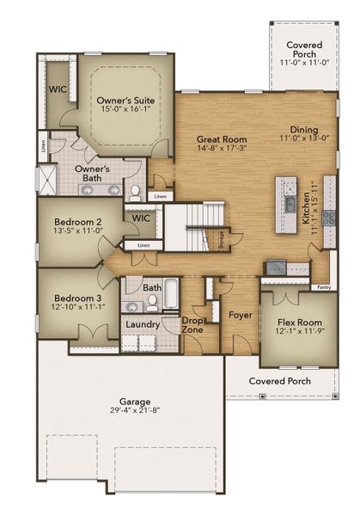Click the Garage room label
pyautogui.click(x=135, y=402)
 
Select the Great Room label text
pyautogui.click(x=222, y=138)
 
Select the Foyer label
pyautogui.click(x=240, y=316)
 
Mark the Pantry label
pyautogui.click(x=324, y=287)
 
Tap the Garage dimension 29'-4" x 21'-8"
pyautogui.click(x=135, y=413)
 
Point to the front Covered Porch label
pyautogui.click(x=280, y=380)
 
